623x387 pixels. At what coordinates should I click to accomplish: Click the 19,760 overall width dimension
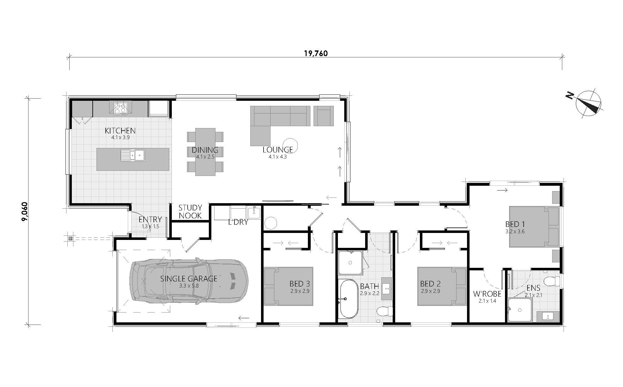[316, 53]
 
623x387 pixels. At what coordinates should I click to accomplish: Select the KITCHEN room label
[120, 131]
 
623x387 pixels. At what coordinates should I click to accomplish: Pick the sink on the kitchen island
[133, 155]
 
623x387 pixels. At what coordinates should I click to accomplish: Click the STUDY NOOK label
[190, 212]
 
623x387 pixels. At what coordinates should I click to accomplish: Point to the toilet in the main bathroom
[384, 311]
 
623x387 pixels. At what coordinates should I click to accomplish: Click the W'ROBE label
[487, 294]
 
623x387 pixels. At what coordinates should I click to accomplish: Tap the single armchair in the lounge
[323, 116]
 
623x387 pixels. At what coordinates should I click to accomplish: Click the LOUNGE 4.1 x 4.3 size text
[275, 157]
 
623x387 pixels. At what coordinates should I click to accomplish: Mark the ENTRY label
[150, 219]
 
